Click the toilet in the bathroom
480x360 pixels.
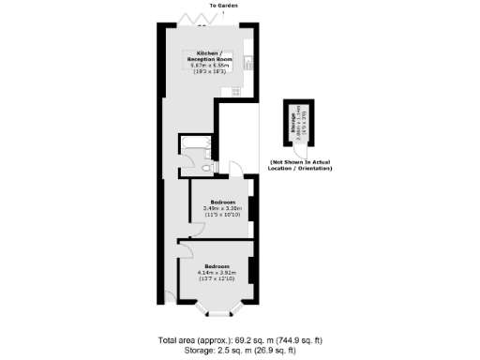(208, 167)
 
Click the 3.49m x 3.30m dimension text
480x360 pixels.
(222, 208)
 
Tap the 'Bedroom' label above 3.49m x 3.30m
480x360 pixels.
(222, 202)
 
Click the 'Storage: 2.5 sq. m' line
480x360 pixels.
(239, 351)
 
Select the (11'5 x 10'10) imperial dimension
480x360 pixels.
(222, 215)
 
